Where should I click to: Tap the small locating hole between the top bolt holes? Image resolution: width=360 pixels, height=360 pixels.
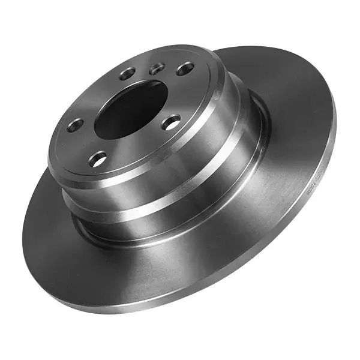tap(157, 69)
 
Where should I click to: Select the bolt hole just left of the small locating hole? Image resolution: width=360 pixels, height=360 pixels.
tap(128, 74)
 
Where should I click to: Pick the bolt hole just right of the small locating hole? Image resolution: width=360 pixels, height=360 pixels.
tap(185, 68)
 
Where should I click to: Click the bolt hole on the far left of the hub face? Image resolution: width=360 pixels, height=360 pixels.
tap(76, 125)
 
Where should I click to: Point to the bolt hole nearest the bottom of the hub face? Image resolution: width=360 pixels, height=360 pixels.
tap(98, 159)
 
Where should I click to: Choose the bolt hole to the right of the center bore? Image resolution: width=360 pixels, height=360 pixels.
tap(172, 123)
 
